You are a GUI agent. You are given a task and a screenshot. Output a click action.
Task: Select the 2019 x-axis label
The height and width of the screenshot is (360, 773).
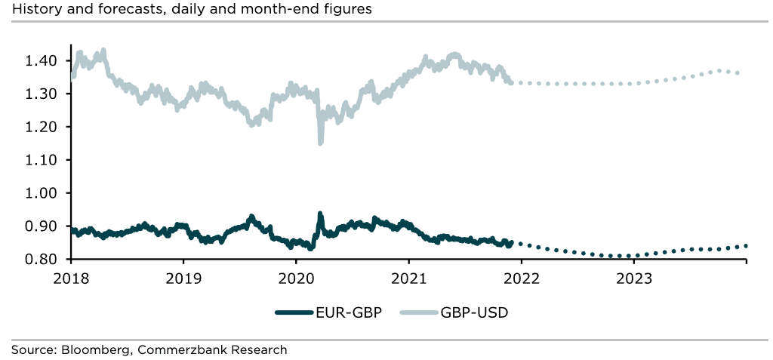(x=183, y=277)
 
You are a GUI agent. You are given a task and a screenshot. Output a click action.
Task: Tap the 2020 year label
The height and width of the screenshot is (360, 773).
(x=295, y=277)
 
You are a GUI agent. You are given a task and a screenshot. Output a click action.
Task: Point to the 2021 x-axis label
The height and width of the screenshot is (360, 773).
(x=408, y=277)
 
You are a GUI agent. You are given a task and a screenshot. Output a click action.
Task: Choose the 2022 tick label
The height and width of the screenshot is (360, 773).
(x=521, y=277)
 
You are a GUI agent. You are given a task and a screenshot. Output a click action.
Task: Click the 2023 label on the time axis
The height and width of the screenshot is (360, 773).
(x=633, y=277)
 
